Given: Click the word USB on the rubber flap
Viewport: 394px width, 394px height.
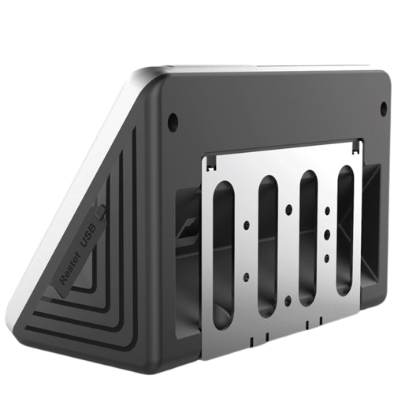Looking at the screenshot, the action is [89, 236].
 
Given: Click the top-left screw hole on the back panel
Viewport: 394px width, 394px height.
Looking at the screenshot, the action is [173, 123].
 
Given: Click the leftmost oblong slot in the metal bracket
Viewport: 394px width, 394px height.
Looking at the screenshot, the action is [223, 255].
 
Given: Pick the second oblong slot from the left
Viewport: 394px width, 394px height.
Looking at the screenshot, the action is [268, 247].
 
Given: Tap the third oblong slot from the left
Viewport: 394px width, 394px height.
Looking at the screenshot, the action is [308, 239].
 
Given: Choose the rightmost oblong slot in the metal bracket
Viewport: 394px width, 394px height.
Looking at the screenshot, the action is [346, 230].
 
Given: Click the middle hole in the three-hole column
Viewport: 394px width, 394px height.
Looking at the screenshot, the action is [327, 234].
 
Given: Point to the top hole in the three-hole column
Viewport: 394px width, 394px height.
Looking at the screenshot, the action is [328, 211].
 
